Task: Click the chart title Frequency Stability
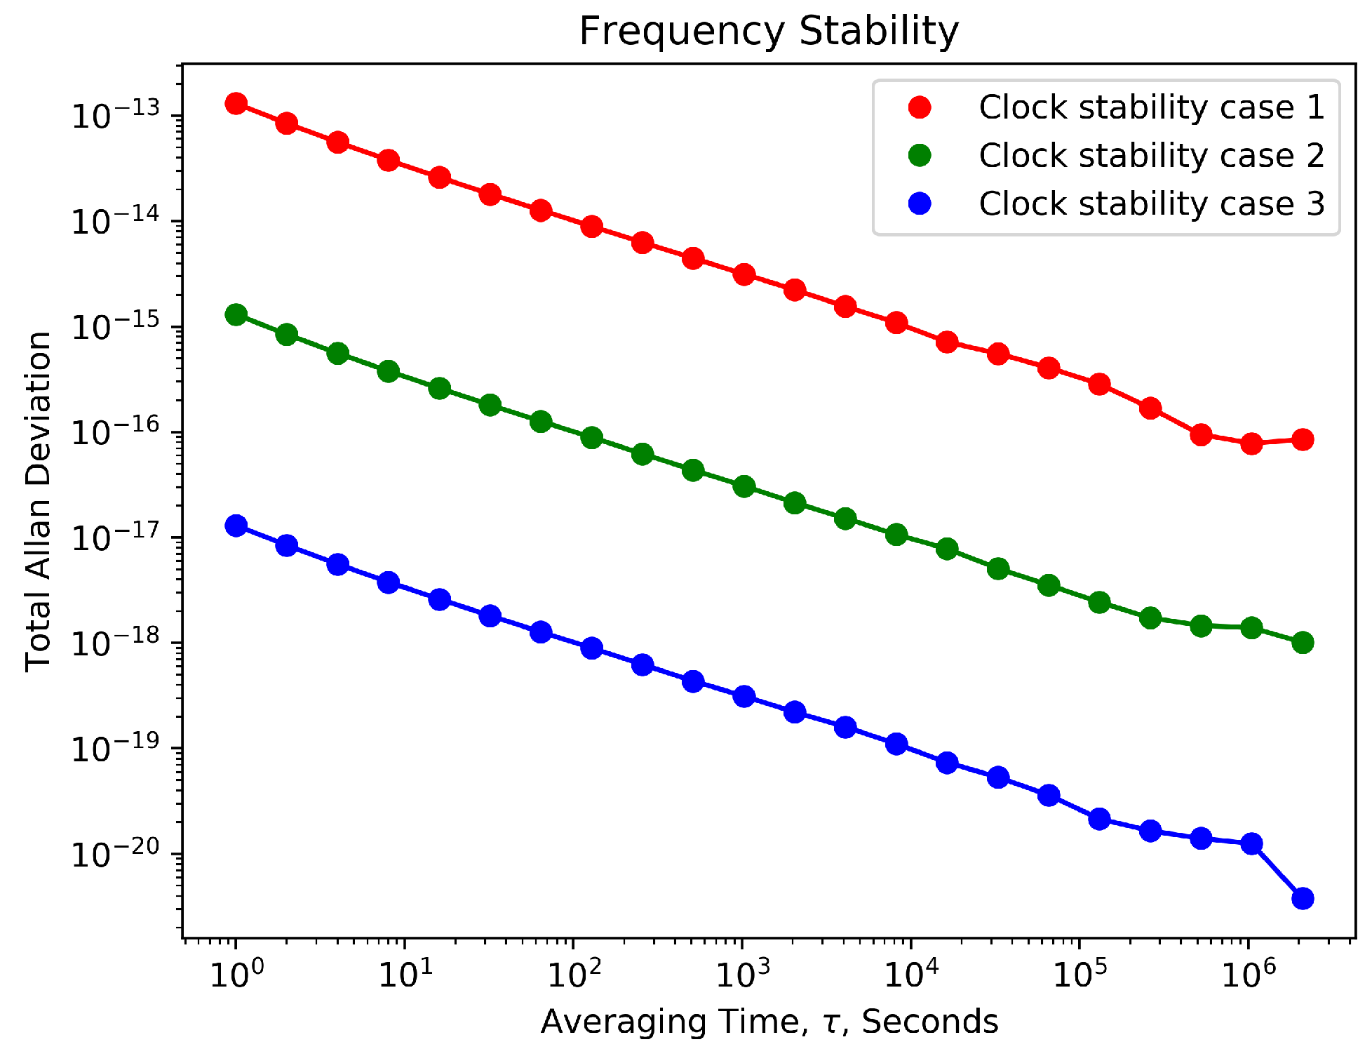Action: tap(769, 32)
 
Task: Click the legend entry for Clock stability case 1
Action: tap(1150, 107)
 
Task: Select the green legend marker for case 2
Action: tap(920, 155)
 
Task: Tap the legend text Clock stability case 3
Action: tap(1150, 203)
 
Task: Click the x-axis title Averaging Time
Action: tap(769, 1021)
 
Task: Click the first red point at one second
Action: tap(236, 104)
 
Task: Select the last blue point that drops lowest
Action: tap(1303, 898)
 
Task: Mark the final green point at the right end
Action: tap(1303, 643)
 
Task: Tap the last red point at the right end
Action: tap(1303, 440)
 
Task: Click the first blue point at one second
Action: tap(236, 526)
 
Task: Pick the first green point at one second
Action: tap(236, 314)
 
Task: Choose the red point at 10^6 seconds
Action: tap(1251, 443)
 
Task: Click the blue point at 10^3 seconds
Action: tap(744, 697)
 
